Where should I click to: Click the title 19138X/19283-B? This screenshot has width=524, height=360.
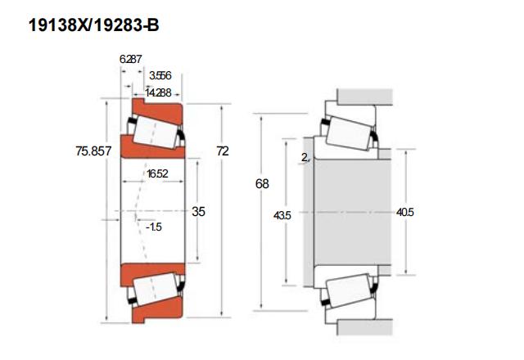[x=93, y=25]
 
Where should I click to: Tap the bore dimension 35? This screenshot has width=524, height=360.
[x=198, y=211]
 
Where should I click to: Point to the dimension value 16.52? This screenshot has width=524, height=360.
[x=157, y=173]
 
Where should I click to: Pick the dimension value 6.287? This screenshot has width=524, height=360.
[x=131, y=59]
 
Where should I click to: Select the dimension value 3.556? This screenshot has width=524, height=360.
[x=160, y=75]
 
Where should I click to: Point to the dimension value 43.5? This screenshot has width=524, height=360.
[x=282, y=215]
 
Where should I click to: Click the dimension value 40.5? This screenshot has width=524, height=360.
[x=404, y=212]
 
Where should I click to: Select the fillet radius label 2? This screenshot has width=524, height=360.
[x=305, y=156]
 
